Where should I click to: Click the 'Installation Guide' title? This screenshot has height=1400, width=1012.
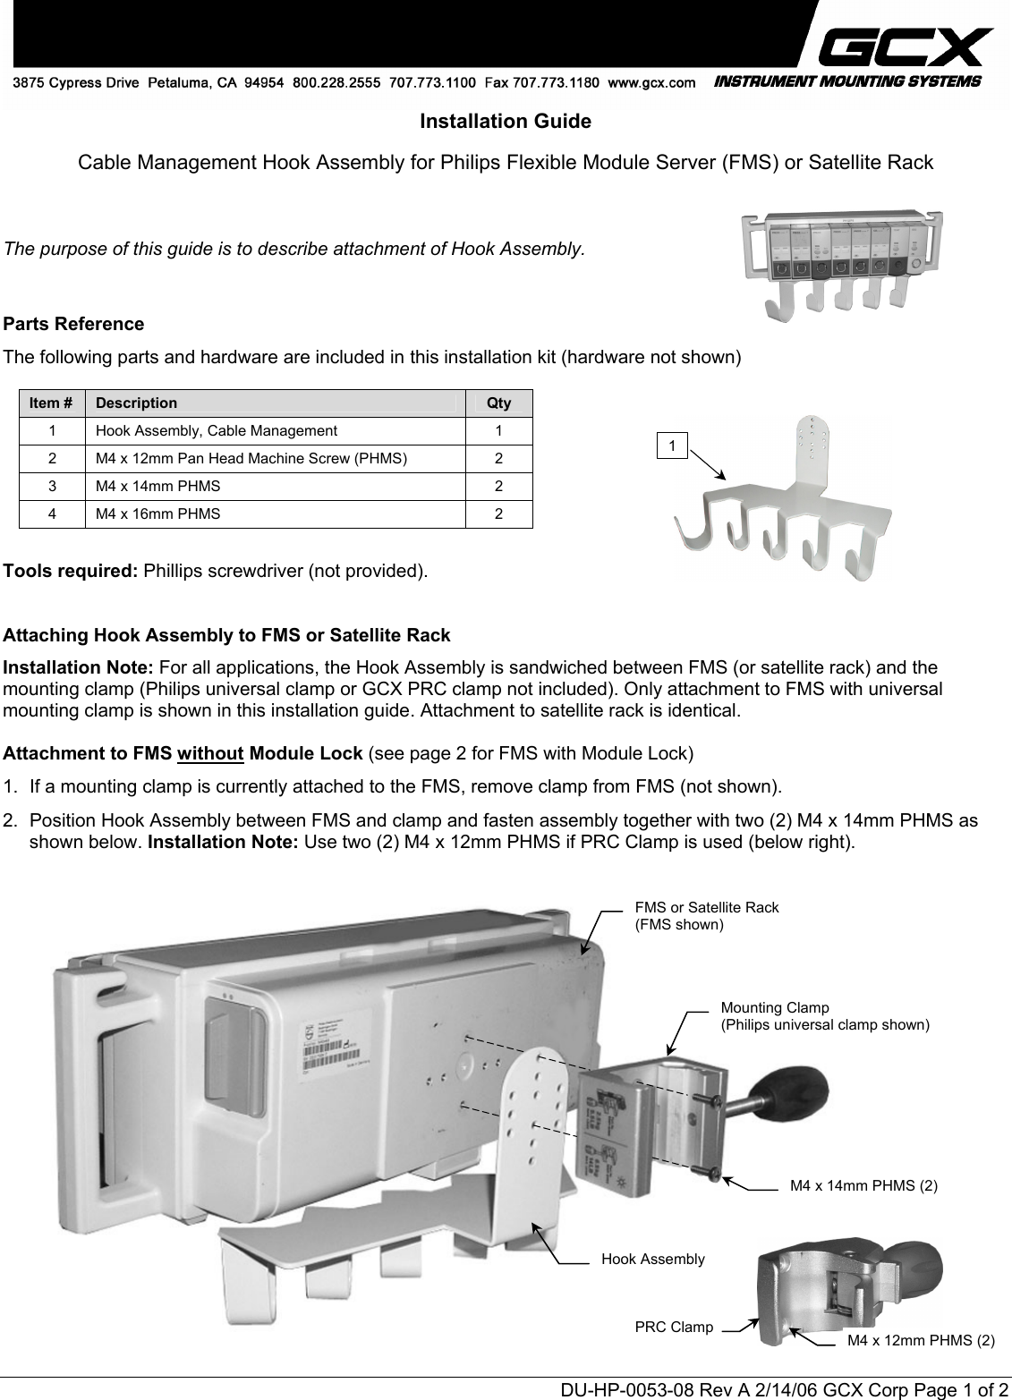(506, 122)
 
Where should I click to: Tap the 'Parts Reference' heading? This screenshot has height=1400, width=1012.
(74, 324)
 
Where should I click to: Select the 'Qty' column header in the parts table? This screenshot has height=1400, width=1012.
(498, 403)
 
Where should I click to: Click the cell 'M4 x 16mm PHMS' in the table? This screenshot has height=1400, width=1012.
(158, 514)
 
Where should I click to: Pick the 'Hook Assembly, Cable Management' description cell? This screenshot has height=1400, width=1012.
(217, 431)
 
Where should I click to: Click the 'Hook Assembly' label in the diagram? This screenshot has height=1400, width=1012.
(653, 1260)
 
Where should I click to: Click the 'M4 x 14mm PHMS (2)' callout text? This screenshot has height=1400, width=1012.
(864, 1186)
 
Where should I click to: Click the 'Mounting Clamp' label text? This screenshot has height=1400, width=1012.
(775, 1007)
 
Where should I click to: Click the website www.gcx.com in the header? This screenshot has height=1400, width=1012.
(651, 83)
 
